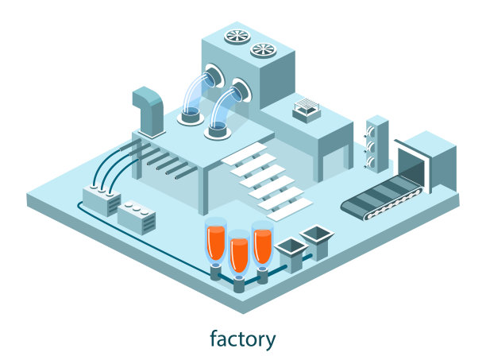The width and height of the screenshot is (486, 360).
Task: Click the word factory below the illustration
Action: coord(242,339)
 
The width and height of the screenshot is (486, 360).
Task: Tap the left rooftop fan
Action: coord(236,36)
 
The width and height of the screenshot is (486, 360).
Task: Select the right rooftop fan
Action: coord(262,51)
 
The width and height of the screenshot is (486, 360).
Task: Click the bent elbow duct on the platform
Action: coord(148,107)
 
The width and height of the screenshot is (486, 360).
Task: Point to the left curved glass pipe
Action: coord(198,91)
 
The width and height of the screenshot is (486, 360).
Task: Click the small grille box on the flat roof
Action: coord(306,110)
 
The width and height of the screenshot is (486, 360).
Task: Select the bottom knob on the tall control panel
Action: coord(371,158)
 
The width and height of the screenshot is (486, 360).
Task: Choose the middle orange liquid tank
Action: coord(238,252)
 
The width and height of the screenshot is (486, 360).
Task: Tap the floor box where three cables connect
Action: coord(102,198)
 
